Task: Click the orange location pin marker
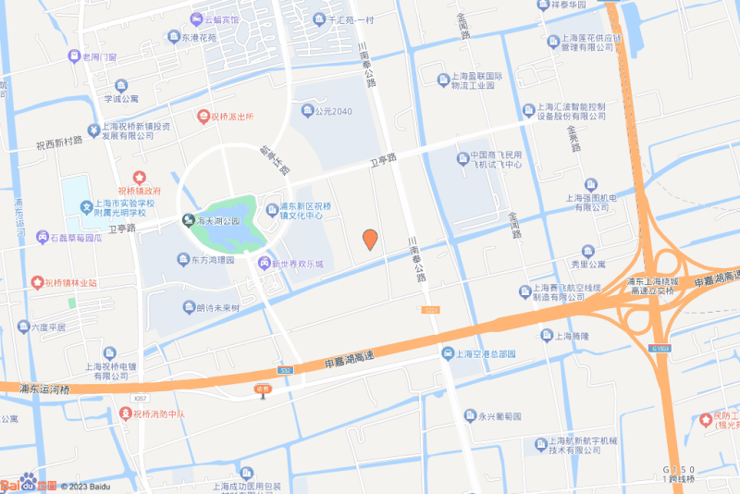pyautogui.click(x=369, y=239)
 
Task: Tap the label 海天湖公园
pyautogui.click(x=217, y=222)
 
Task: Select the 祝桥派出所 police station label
pyautogui.click(x=231, y=117)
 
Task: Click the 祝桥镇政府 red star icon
pyautogui.click(x=139, y=177)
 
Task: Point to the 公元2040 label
pyautogui.click(x=334, y=111)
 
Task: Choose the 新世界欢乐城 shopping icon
pyautogui.click(x=264, y=264)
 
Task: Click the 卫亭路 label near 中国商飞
pyautogui.click(x=383, y=159)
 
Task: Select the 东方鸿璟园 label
pyautogui.click(x=212, y=261)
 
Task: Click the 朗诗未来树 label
pyautogui.click(x=217, y=308)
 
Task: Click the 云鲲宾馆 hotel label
pyautogui.click(x=221, y=19)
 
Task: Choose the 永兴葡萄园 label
pyautogui.click(x=499, y=416)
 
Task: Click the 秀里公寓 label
pyautogui.click(x=587, y=264)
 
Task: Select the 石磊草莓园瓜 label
pyautogui.click(x=76, y=238)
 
